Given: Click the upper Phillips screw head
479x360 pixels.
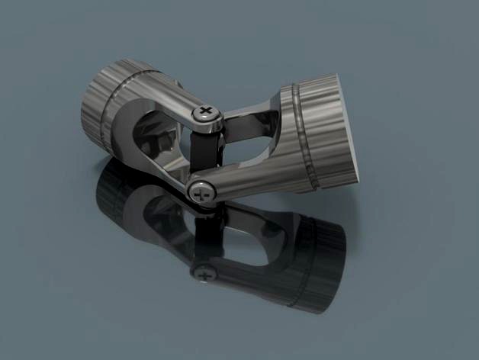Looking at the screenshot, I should point(207,114).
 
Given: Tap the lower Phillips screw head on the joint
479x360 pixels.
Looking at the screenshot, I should point(201,192).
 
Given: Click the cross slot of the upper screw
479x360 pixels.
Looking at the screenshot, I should point(207,114).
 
